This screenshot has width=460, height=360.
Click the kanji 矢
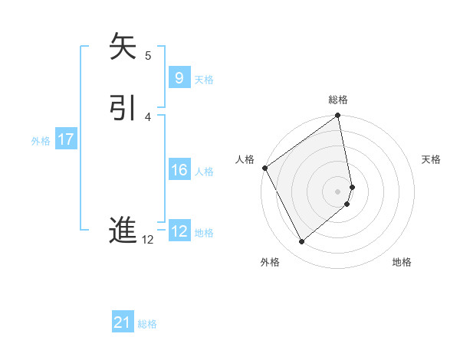[123, 47]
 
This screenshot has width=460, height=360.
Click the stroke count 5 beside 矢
[148, 55]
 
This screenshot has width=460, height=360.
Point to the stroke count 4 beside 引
[148, 116]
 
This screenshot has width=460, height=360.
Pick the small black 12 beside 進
[147, 240]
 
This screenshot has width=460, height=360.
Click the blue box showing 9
[179, 78]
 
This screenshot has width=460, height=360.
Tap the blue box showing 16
[179, 170]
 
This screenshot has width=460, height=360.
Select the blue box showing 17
[65, 139]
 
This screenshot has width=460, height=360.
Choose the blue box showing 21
[122, 322]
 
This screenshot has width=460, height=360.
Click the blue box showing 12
[179, 231]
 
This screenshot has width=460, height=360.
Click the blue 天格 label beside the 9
[204, 80]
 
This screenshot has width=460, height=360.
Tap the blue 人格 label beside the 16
[204, 172]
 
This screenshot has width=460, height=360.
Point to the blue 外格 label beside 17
[41, 141]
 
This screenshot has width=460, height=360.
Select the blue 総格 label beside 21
[147, 324]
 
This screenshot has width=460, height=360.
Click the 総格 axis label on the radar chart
[338, 100]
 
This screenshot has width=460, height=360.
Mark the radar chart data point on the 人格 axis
[264, 168]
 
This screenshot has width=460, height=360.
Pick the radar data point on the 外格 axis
[301, 242]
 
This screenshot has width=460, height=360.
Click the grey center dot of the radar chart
[338, 190]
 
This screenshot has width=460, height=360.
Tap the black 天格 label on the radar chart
[432, 159]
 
